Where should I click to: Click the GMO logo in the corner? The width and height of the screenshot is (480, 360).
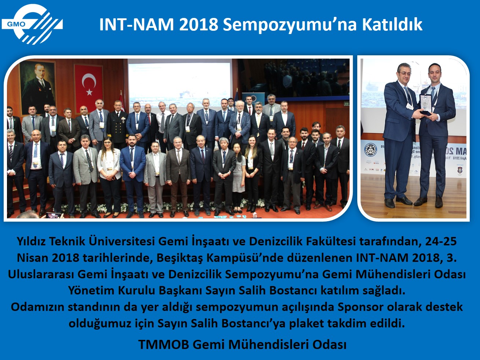point(32,24)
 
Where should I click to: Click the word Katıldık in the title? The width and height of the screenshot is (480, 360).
point(392,25)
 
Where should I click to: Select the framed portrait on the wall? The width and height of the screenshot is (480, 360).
point(37,87)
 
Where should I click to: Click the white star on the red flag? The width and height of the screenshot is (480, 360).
point(89,92)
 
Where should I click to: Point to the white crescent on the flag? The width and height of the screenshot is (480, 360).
point(88,80)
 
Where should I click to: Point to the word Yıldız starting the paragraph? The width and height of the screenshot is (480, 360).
point(31,241)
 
